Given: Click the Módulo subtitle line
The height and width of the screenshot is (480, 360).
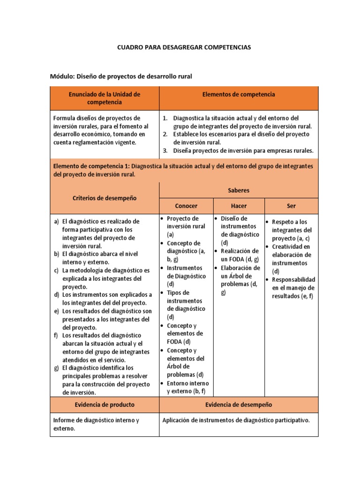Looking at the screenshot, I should [x=121, y=76].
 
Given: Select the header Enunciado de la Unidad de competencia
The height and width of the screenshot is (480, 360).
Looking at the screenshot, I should [x=105, y=98].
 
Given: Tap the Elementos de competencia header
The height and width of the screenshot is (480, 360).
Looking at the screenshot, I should [x=239, y=94].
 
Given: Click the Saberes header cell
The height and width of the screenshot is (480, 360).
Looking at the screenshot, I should [x=239, y=190].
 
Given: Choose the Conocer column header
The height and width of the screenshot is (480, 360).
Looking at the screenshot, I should [x=186, y=206].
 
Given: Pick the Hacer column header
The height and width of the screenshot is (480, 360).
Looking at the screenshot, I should [x=239, y=206].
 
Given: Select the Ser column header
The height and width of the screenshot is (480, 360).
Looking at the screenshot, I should [x=291, y=206].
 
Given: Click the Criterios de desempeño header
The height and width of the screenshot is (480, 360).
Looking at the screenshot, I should [x=105, y=198].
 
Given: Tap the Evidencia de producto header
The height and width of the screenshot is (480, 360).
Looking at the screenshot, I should [x=105, y=405].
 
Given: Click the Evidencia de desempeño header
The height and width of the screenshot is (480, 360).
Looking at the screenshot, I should [x=239, y=405].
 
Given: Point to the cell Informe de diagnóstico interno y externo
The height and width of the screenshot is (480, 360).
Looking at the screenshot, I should [x=97, y=424].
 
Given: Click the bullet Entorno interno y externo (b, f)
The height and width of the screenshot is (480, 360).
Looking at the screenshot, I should [x=187, y=387].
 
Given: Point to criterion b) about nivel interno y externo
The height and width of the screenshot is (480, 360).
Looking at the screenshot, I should [x=101, y=258].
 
